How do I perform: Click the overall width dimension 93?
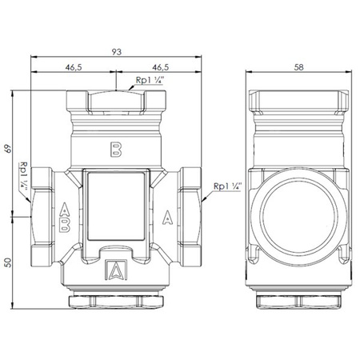click(116, 51)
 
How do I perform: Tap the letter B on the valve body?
click(116, 150)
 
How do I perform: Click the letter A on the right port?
click(167, 214)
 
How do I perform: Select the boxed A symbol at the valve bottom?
click(116, 270)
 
